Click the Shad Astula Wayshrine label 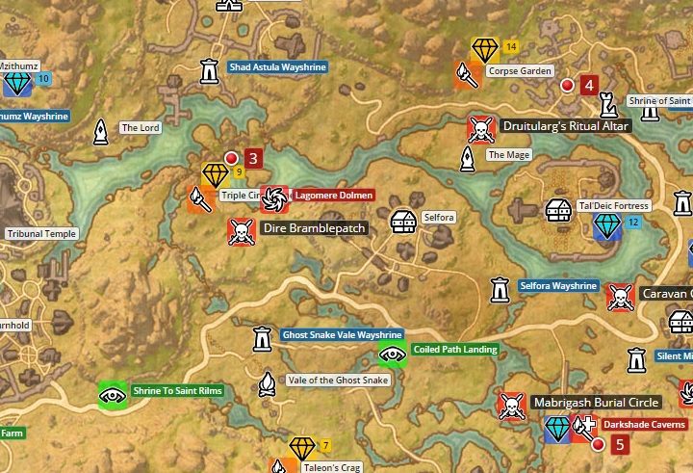coord(277,67)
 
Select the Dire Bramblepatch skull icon coord(240,230)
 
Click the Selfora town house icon coord(404,221)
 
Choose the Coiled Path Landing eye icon coord(391,354)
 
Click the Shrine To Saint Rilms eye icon coord(113,394)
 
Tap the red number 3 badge coord(253,158)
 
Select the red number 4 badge coord(588,85)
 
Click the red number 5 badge coord(620,444)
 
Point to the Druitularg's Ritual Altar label coord(565,126)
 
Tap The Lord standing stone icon coord(101,133)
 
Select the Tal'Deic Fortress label coord(614,206)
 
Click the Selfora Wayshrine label coord(558,286)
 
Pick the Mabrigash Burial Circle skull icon coord(510,406)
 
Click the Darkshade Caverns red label coord(644,424)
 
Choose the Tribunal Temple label coord(40,234)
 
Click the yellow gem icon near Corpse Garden coord(484,49)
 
